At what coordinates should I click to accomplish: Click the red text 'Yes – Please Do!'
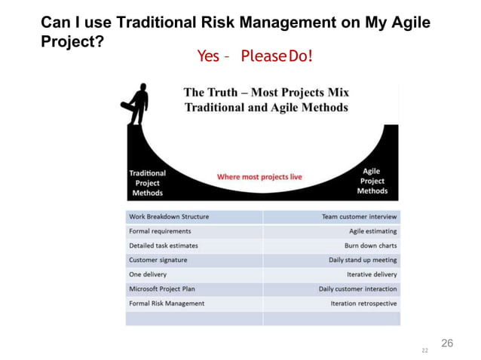254,56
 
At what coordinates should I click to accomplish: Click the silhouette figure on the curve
138,105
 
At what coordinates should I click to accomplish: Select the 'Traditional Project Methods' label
147,182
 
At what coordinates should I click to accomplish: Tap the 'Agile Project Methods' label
372,181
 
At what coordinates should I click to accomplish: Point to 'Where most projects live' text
259,177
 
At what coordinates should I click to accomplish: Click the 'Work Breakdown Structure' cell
169,217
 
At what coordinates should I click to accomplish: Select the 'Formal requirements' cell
160,231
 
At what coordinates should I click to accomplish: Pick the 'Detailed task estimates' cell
164,246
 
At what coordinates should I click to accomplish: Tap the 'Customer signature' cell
158,260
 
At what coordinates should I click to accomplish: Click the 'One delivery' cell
148,274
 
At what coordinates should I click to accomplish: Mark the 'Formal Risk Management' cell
167,304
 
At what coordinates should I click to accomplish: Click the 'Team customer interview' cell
359,217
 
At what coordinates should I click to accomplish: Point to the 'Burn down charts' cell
370,246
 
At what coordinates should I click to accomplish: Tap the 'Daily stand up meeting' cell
363,260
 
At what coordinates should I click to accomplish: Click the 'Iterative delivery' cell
372,274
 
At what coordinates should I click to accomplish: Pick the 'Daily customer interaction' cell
357,288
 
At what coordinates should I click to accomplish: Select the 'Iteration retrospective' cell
363,304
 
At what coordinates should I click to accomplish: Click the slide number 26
447,343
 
